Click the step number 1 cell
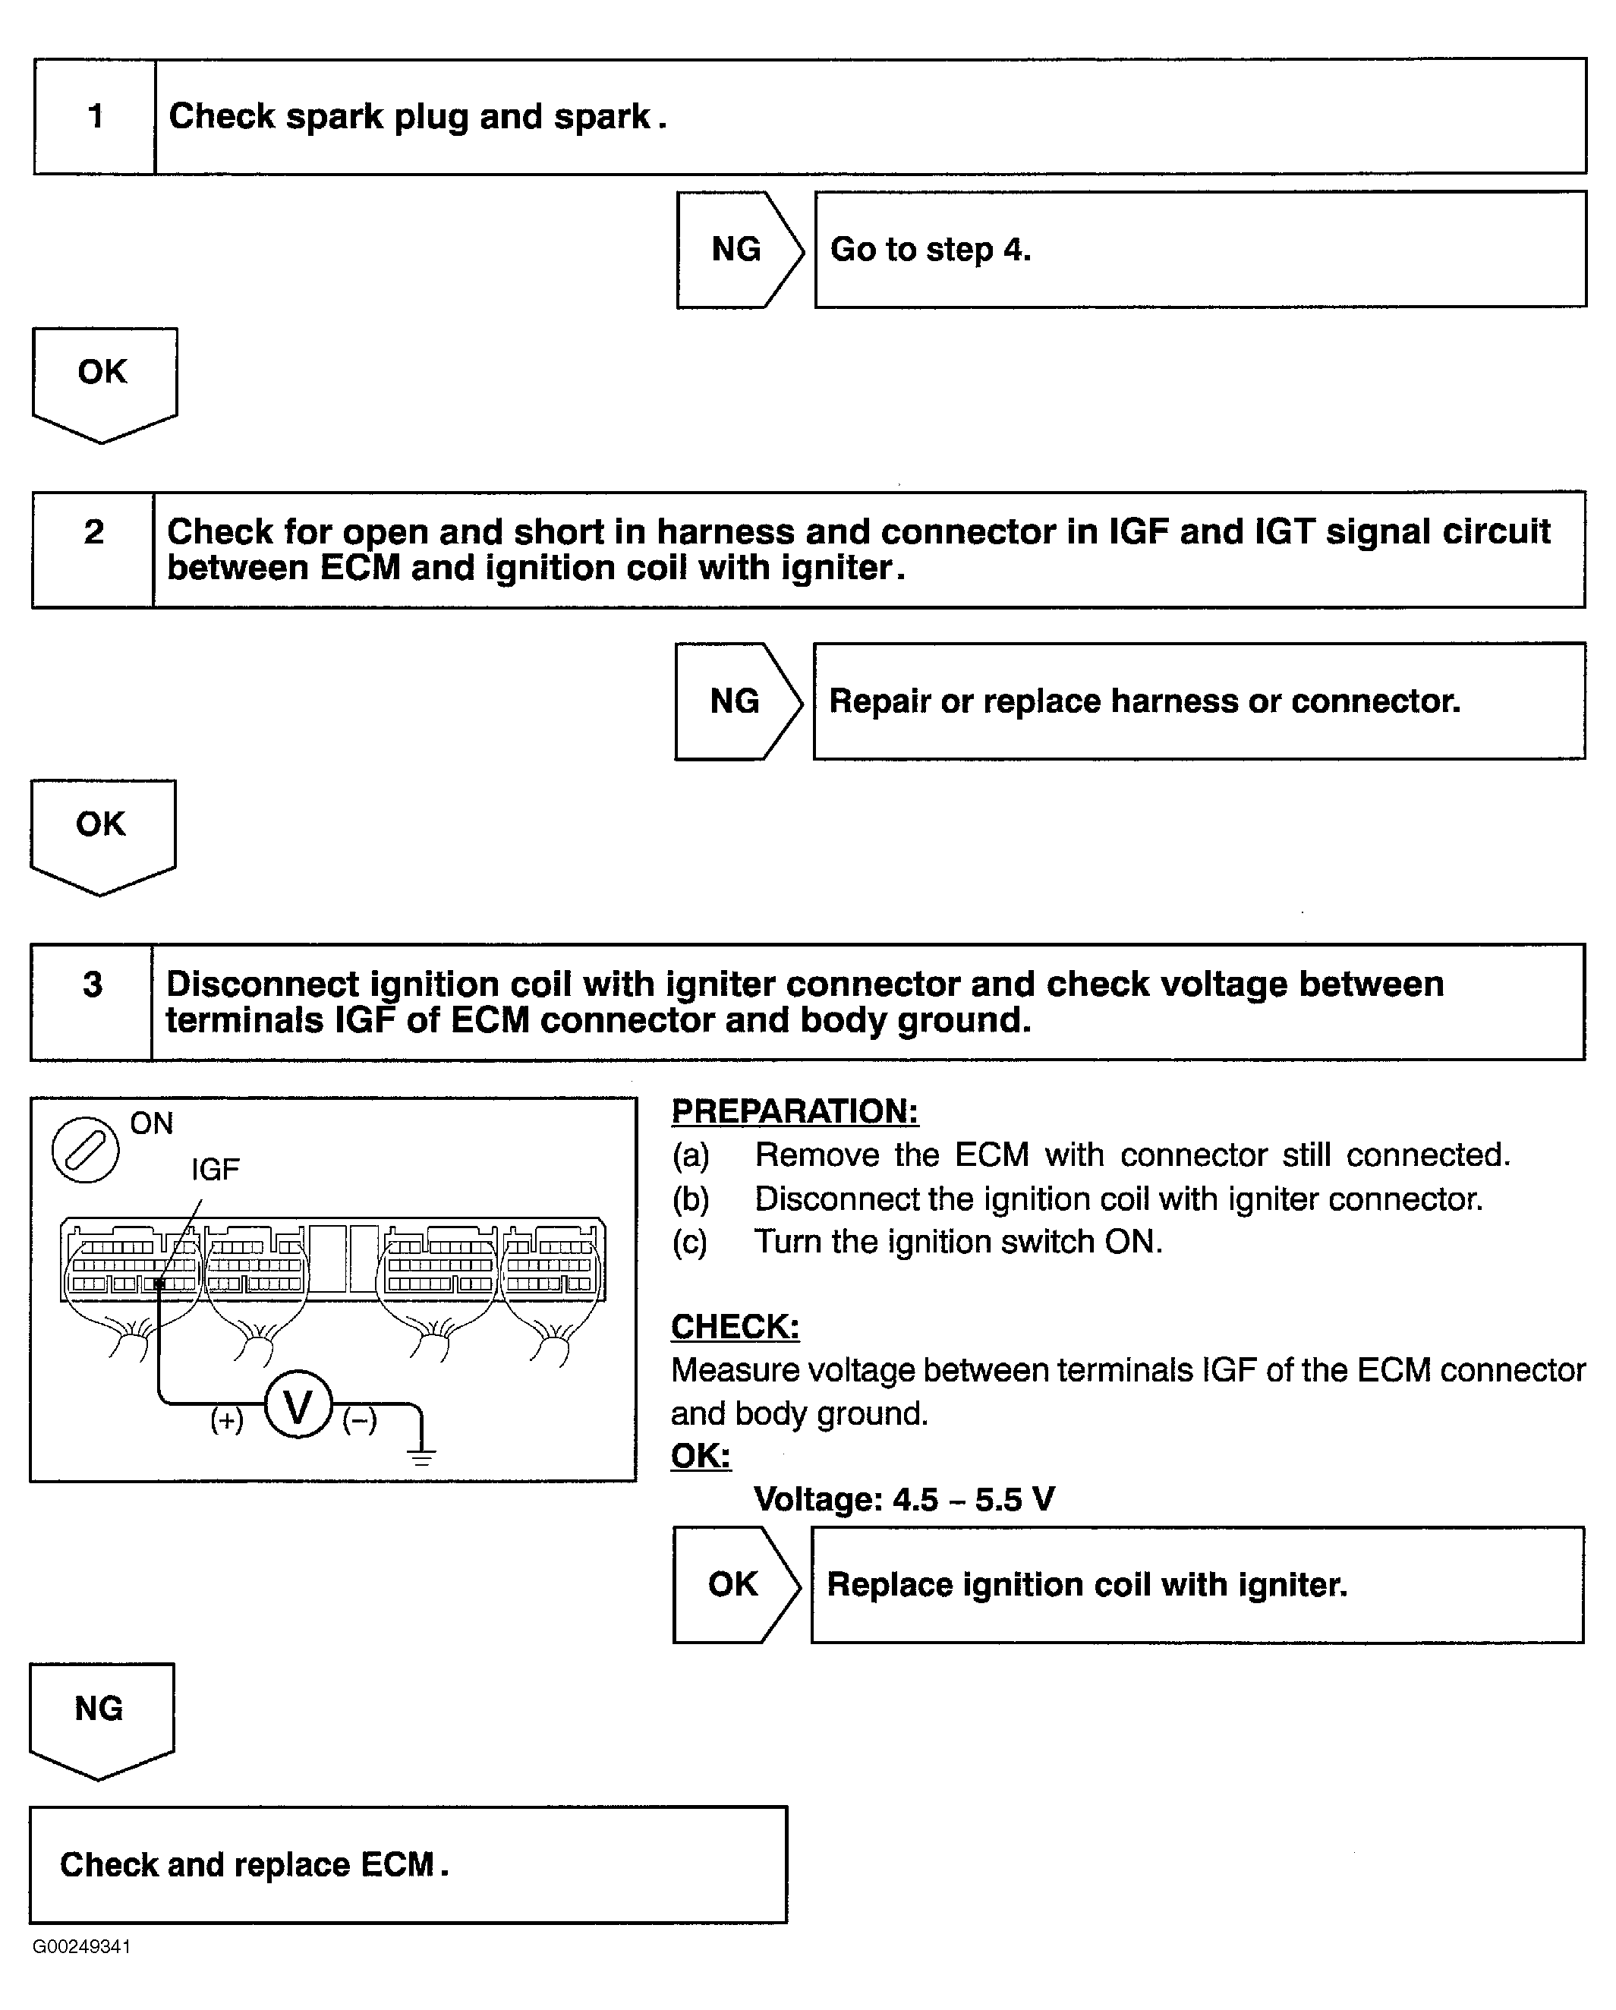click(94, 117)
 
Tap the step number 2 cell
click(93, 550)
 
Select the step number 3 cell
click(91, 1002)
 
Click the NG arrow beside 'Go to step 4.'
click(739, 250)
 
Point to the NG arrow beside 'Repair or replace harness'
click(738, 701)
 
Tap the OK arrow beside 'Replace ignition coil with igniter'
click(736, 1585)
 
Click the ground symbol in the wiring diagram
click(421, 1455)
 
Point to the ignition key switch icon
click(85, 1149)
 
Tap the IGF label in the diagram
click(216, 1169)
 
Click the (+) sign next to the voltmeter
click(227, 1420)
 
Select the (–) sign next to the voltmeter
click(360, 1420)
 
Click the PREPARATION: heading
click(795, 1111)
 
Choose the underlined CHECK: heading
click(736, 1327)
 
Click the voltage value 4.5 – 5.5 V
click(975, 1499)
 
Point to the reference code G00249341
click(82, 1946)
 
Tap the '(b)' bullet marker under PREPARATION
click(691, 1199)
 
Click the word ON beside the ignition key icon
click(152, 1123)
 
